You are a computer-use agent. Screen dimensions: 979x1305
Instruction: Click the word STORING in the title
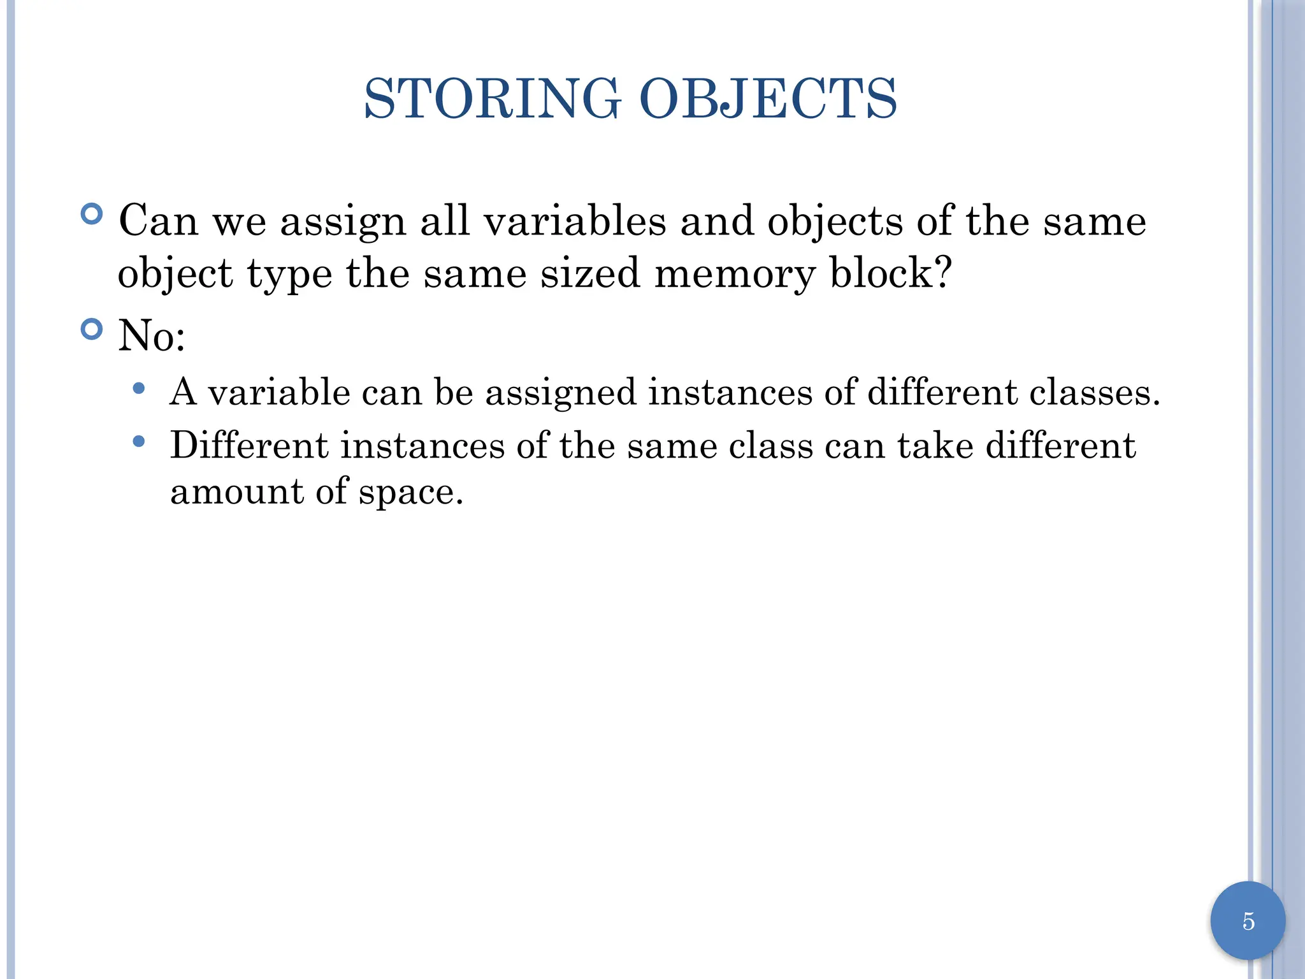[492, 99]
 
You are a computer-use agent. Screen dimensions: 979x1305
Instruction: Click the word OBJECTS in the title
[768, 99]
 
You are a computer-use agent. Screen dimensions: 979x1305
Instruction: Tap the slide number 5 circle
[1248, 921]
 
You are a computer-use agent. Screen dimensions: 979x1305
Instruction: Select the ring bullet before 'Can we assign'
[92, 214]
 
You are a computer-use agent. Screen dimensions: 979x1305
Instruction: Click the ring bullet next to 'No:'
[92, 330]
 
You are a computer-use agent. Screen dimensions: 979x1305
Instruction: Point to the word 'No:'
[152, 336]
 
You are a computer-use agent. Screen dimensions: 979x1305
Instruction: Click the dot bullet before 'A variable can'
[139, 388]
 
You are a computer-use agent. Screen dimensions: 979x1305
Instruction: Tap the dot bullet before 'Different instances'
[139, 441]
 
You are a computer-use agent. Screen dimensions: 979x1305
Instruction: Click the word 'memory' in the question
[735, 274]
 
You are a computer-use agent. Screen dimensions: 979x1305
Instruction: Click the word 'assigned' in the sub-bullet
[561, 393]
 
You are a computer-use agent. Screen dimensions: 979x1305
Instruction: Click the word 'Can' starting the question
[158, 221]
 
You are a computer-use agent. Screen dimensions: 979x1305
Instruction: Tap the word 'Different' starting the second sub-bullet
[249, 445]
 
